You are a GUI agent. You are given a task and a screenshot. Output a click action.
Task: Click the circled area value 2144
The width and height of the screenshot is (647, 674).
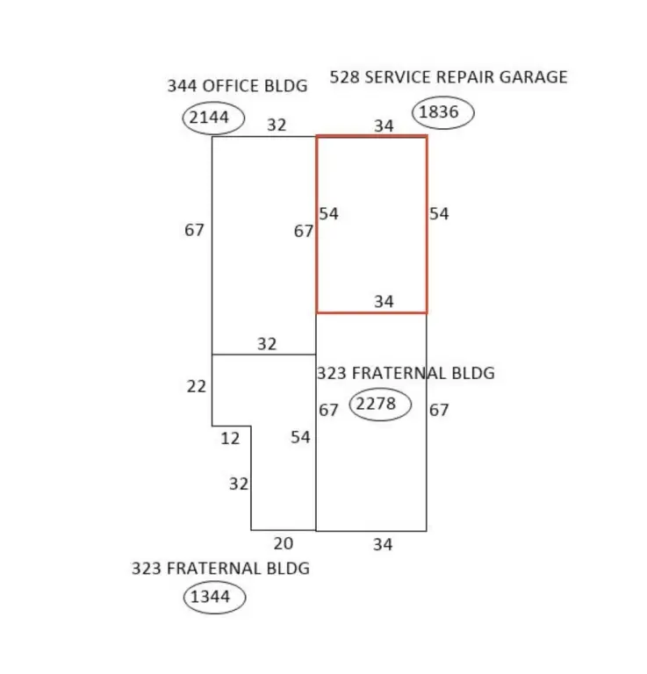[209, 118]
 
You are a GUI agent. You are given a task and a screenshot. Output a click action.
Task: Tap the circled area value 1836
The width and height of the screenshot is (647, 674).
[438, 112]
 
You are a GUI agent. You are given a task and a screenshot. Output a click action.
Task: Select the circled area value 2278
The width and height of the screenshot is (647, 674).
[376, 404]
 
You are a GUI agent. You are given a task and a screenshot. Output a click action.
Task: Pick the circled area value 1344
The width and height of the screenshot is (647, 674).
[210, 597]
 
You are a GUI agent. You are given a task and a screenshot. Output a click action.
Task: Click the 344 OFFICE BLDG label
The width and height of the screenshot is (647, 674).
[237, 86]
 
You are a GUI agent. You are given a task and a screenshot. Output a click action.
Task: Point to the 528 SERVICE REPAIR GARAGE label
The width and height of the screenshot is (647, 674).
[449, 77]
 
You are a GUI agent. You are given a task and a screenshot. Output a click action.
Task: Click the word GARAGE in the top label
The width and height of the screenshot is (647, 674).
[533, 77]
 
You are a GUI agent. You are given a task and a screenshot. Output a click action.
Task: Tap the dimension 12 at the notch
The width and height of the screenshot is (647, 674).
[230, 439]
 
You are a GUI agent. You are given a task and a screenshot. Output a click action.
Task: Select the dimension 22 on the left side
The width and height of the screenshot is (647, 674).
[197, 387]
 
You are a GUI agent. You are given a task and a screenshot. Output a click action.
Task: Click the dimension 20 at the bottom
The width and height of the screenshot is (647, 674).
[284, 544]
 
